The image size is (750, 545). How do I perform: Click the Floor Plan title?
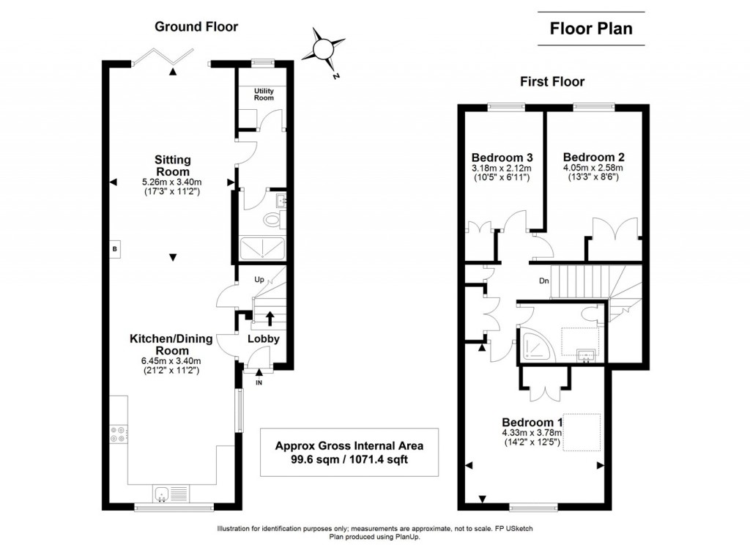tap(591, 29)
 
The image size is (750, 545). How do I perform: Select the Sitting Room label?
tap(172, 165)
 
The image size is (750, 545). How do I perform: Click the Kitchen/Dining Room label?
tap(171, 344)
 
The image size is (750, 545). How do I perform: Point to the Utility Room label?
tap(264, 94)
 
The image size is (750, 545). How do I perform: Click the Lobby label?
tap(263, 338)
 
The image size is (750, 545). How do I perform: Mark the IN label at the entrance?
tap(259, 382)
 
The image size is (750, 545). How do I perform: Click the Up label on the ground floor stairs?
tap(259, 280)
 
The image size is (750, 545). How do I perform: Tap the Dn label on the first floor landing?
tap(543, 280)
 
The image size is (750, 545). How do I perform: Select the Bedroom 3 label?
tap(501, 157)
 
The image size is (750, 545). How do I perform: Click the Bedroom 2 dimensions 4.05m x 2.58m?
tap(593, 168)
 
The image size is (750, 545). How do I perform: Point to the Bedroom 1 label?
tap(532, 423)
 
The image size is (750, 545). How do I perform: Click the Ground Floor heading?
tap(196, 26)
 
